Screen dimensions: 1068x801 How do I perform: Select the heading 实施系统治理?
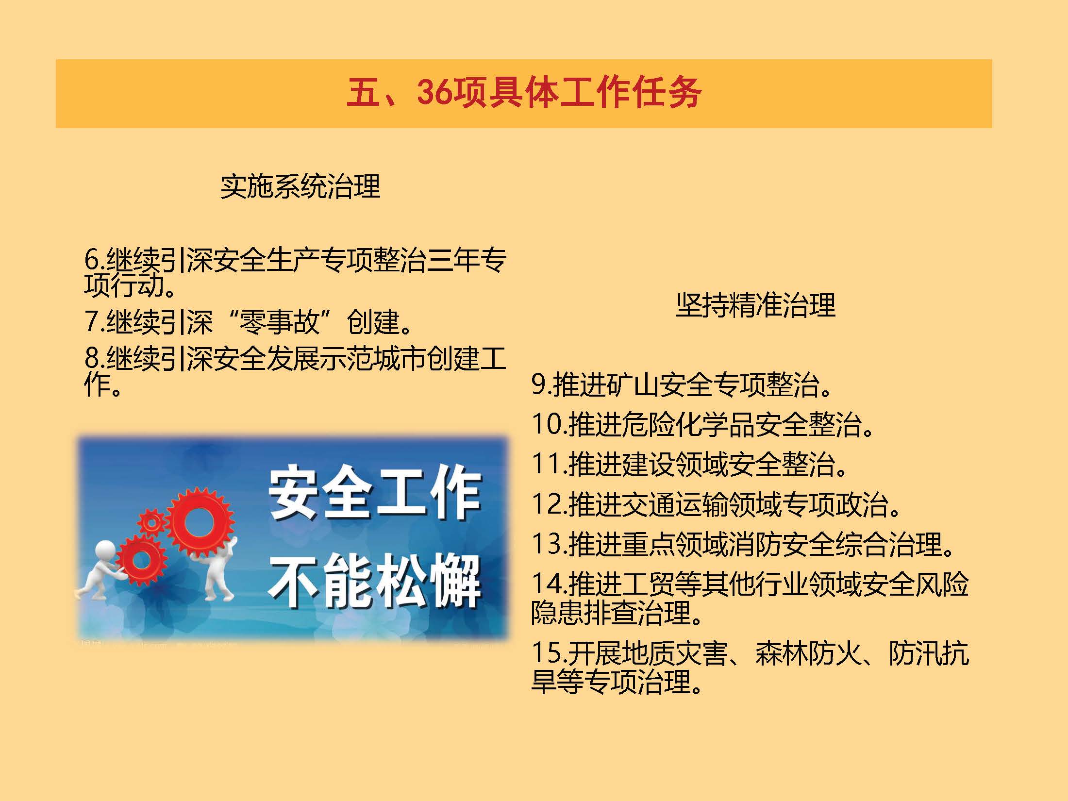coord(300,186)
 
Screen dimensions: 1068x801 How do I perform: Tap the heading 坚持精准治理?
coord(756,305)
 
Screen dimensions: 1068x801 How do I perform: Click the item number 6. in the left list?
coord(95,260)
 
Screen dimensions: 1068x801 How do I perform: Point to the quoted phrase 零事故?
coord(281,321)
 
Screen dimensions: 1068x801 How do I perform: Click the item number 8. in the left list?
coord(95,358)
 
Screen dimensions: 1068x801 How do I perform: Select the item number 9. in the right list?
coord(542,384)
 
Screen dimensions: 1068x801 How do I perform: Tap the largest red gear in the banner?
coord(199,522)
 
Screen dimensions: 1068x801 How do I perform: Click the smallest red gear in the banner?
coord(151,523)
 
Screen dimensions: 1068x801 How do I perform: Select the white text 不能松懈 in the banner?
coord(374,581)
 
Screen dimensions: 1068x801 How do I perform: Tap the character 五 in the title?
coord(363,92)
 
